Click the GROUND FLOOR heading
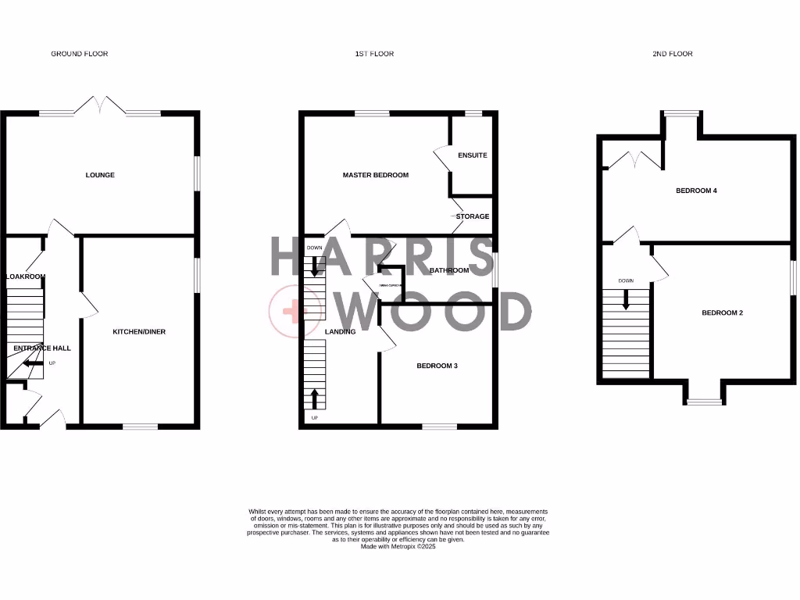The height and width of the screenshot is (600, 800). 79,54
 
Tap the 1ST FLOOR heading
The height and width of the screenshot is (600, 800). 374,54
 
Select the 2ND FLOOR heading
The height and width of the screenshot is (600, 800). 672,54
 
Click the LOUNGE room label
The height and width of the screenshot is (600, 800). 100,175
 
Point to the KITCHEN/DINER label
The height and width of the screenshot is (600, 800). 139,332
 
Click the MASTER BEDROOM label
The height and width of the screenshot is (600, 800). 375,175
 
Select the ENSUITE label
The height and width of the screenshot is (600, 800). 473,155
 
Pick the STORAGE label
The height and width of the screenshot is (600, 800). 473,216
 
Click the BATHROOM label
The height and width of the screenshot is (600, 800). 448,271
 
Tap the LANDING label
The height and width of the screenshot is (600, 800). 340,332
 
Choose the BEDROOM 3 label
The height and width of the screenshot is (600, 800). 437,366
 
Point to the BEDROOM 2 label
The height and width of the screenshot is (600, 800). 722,313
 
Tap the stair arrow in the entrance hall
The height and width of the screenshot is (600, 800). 32,363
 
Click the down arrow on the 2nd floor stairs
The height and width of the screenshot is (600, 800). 626,298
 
